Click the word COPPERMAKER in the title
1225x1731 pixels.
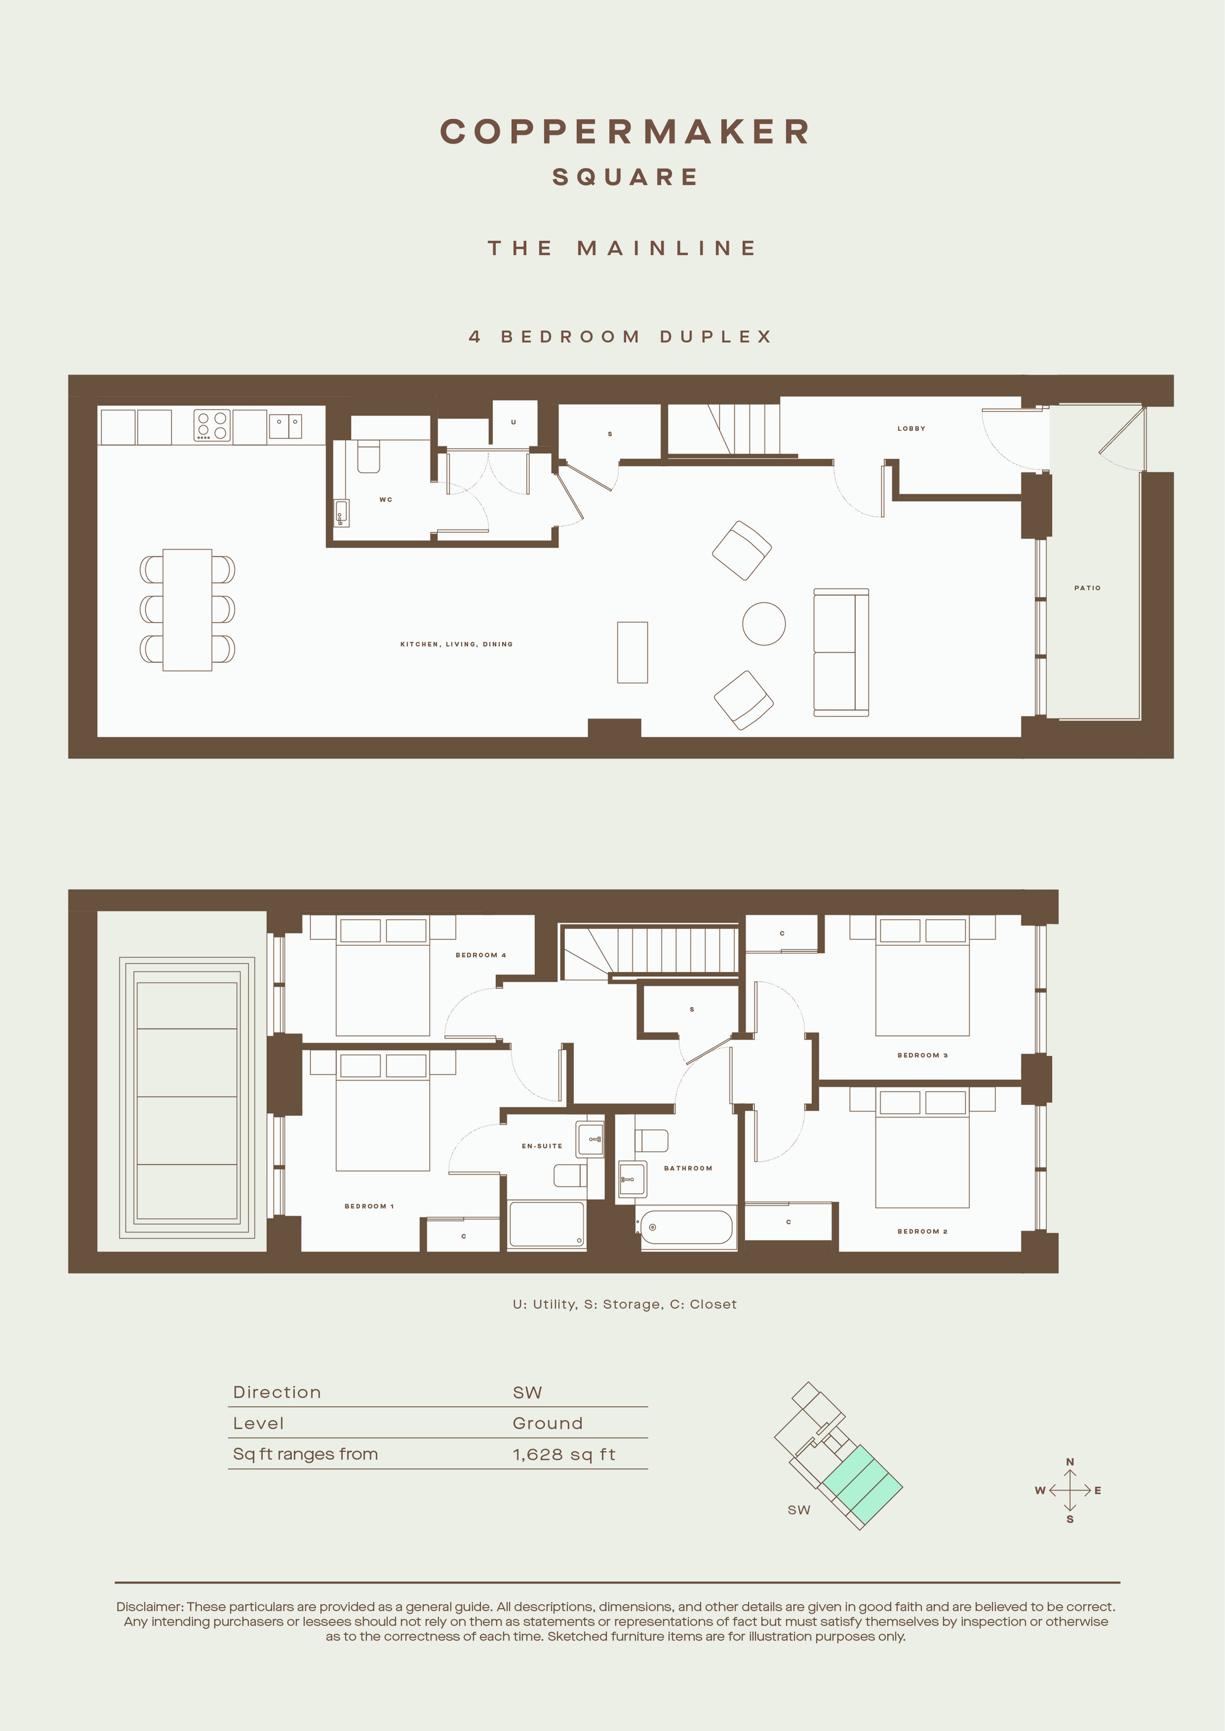point(625,131)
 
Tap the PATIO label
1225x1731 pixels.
point(1087,587)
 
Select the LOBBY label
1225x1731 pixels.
point(911,428)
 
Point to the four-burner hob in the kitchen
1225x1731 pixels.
point(212,425)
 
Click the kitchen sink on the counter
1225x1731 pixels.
point(285,426)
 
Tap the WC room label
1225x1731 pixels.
point(386,499)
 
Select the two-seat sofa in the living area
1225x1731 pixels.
point(841,652)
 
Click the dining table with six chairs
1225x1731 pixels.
point(187,609)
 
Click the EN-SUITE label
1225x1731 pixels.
point(542,1146)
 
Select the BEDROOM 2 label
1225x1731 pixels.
point(922,1231)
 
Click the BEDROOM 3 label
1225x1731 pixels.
point(922,1054)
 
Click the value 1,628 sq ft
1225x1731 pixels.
point(563,1454)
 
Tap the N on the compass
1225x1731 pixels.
point(1069,1462)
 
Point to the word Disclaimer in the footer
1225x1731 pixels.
point(149,1607)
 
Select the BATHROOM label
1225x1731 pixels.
point(687,1168)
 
